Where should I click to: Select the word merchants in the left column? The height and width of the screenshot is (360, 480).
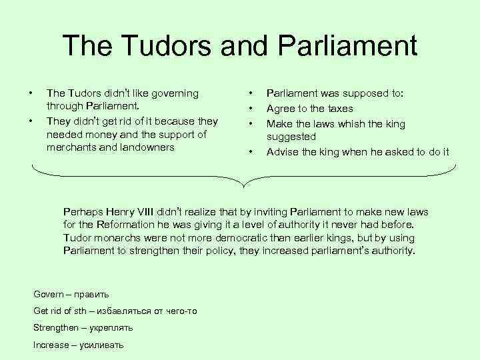coord(73,147)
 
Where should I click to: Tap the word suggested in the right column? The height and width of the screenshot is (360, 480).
coord(291,136)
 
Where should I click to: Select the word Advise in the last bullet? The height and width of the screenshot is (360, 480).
coord(281,152)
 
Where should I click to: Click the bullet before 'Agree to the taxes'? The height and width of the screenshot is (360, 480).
coord(250,108)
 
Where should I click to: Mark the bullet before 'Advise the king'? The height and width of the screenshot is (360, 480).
coord(250,152)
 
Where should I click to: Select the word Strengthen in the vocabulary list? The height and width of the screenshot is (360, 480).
coord(55,328)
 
